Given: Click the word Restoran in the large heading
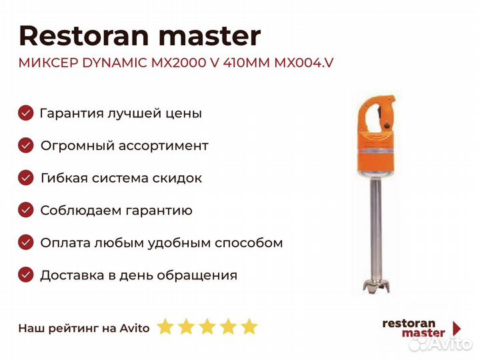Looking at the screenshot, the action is (84, 36).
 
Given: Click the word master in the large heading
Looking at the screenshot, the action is (210, 37).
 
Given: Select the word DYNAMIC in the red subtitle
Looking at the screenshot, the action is (115, 63).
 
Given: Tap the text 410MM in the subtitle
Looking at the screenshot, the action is (247, 63).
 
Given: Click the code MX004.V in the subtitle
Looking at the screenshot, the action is (304, 63).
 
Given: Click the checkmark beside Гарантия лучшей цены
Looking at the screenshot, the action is (26, 113).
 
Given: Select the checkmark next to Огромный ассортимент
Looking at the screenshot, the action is (26, 145).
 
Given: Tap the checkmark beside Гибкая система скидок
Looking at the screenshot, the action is (26, 178).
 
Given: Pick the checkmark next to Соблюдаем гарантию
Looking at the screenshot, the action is (26, 210).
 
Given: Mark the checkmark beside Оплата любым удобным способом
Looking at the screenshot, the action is (26, 243).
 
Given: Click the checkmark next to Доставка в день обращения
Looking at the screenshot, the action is (26, 275).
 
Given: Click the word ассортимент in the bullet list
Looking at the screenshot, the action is (163, 146).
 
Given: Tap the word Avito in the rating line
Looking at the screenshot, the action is (135, 328).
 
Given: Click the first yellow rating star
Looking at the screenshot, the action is (165, 326).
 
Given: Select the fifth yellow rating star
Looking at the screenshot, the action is (249, 326).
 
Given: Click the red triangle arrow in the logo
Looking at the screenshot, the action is (457, 328).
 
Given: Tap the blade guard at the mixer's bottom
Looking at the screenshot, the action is (376, 285).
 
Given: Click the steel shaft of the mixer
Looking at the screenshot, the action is (376, 228).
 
